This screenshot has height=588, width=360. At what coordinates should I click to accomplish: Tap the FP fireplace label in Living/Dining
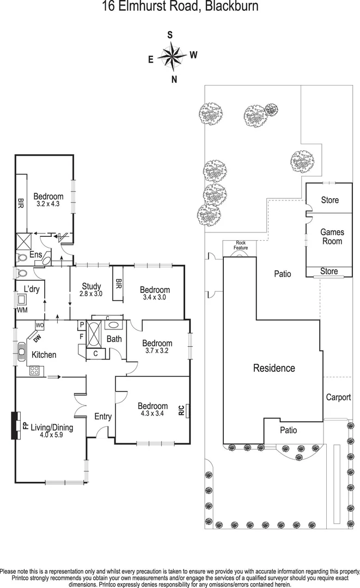point(25,425)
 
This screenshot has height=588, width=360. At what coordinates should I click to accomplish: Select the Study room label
point(92,286)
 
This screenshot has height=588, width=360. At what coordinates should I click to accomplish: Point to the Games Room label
point(332,237)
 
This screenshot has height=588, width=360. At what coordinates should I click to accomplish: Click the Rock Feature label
point(241,245)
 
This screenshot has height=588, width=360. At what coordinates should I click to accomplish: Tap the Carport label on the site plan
point(338,397)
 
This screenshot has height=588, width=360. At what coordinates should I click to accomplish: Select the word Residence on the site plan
point(274,368)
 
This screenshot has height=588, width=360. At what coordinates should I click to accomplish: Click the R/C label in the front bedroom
point(182,410)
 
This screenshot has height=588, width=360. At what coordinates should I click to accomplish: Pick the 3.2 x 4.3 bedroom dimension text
point(48,204)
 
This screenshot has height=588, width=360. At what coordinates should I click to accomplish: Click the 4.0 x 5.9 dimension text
point(52,436)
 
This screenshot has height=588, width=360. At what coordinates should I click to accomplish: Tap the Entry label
point(103,416)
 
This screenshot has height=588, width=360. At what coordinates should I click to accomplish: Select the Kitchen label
point(44,355)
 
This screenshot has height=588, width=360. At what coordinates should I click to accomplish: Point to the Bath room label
point(114,339)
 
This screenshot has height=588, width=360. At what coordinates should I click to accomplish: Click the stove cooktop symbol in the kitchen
point(34,370)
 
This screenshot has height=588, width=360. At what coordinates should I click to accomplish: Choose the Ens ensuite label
point(36,254)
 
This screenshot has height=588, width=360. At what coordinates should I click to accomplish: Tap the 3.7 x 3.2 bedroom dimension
point(157,351)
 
